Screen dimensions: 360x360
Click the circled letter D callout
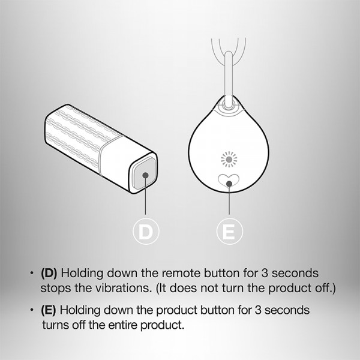click(146, 232)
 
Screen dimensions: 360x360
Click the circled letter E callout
click(229, 232)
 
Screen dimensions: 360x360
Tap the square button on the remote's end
click(144, 173)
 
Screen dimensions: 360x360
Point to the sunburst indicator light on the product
click(229, 159)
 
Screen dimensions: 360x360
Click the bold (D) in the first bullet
click(49, 273)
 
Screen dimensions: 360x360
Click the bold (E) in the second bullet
click(49, 310)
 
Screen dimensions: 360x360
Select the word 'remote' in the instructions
click(181, 273)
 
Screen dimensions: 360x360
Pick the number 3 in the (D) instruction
click(265, 273)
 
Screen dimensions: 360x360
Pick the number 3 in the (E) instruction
click(258, 310)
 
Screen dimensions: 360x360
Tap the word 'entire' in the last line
click(123, 325)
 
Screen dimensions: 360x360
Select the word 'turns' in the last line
click(56, 325)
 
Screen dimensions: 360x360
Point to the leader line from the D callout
click(145, 195)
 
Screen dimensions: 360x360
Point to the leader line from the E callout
click(229, 199)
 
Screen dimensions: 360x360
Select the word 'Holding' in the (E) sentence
click(80, 311)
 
